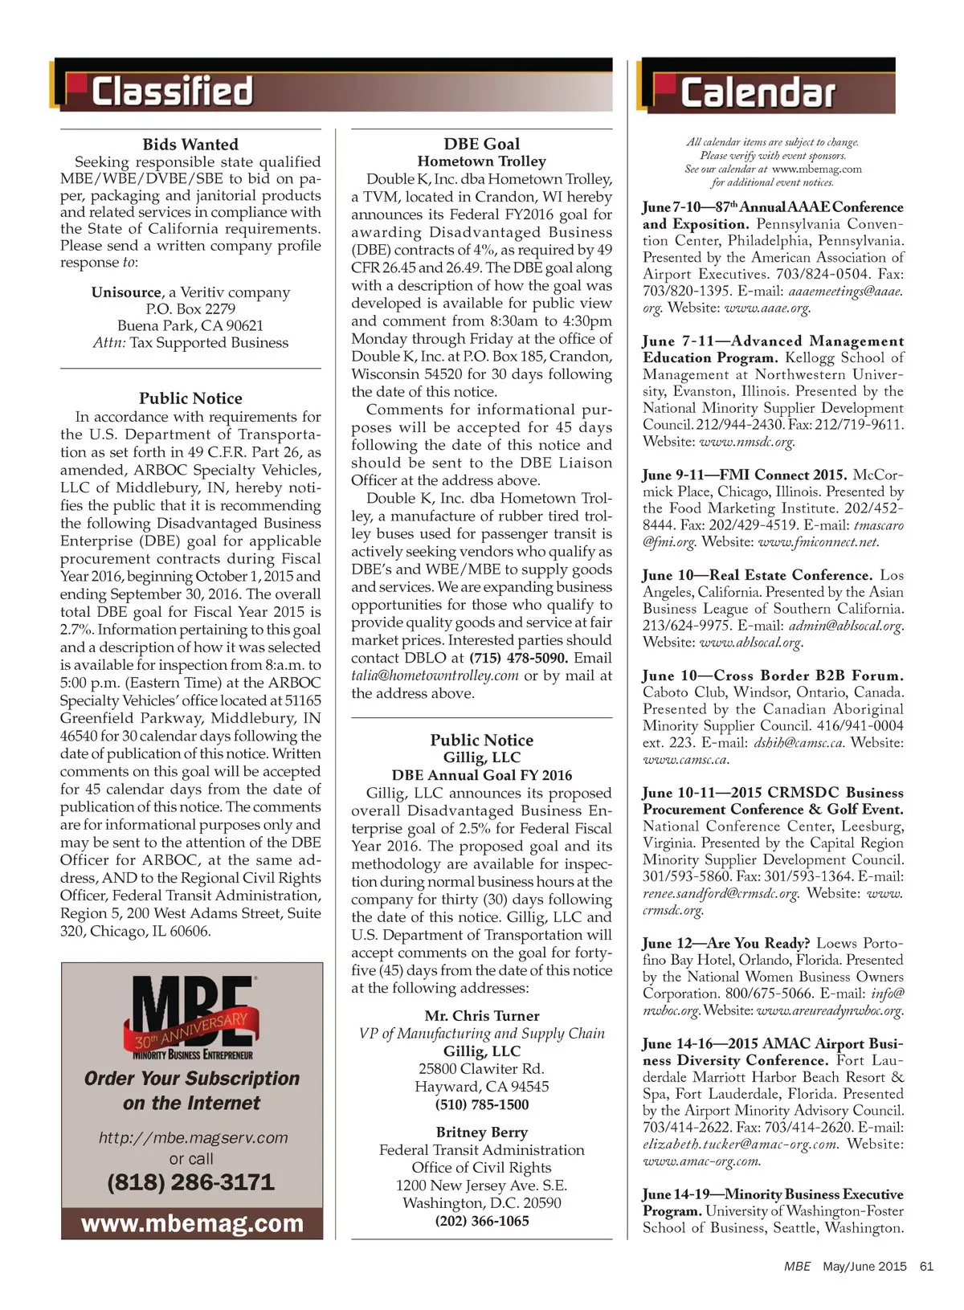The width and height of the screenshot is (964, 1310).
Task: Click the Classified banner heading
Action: tap(172, 91)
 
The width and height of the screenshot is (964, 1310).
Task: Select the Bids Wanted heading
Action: tap(190, 145)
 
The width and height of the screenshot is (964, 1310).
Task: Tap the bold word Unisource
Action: tap(126, 292)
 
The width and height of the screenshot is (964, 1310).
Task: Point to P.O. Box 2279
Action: tap(190, 309)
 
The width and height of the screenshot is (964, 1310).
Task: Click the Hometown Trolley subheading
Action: tap(481, 161)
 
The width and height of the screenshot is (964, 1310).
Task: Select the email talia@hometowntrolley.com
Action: tap(435, 675)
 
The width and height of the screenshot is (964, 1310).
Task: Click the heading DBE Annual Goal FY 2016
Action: tap(481, 775)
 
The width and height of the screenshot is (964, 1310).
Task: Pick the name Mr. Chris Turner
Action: tap(481, 1016)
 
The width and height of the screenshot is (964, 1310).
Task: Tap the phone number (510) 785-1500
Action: tap(481, 1104)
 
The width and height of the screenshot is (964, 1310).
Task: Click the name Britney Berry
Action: tap(481, 1132)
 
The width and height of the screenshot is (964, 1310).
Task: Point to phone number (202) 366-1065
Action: tap(481, 1221)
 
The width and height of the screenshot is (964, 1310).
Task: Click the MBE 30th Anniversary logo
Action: tap(192, 1018)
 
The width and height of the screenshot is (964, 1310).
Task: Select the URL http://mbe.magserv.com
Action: tap(193, 1138)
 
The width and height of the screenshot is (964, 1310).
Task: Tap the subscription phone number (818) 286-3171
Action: tap(191, 1182)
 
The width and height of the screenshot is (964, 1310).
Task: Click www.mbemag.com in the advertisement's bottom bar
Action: tap(192, 1224)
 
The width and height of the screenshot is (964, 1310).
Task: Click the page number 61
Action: tap(926, 1267)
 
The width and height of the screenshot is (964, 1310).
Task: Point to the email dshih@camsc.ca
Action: tap(799, 743)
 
